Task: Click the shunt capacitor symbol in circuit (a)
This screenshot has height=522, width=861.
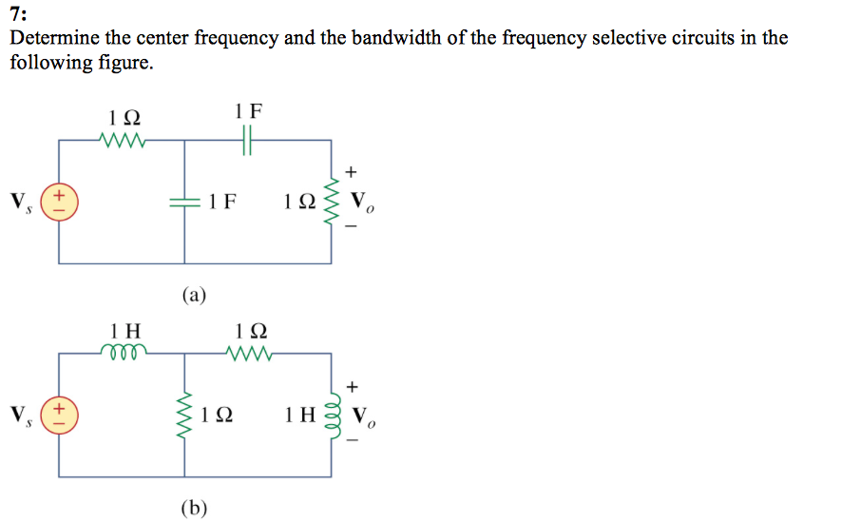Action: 184,202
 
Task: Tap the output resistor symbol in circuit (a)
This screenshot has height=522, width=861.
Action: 332,202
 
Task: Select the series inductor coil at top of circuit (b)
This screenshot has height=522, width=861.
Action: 124,353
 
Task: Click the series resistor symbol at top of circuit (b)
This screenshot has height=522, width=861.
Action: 250,354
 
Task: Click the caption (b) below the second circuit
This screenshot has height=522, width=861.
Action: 194,508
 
